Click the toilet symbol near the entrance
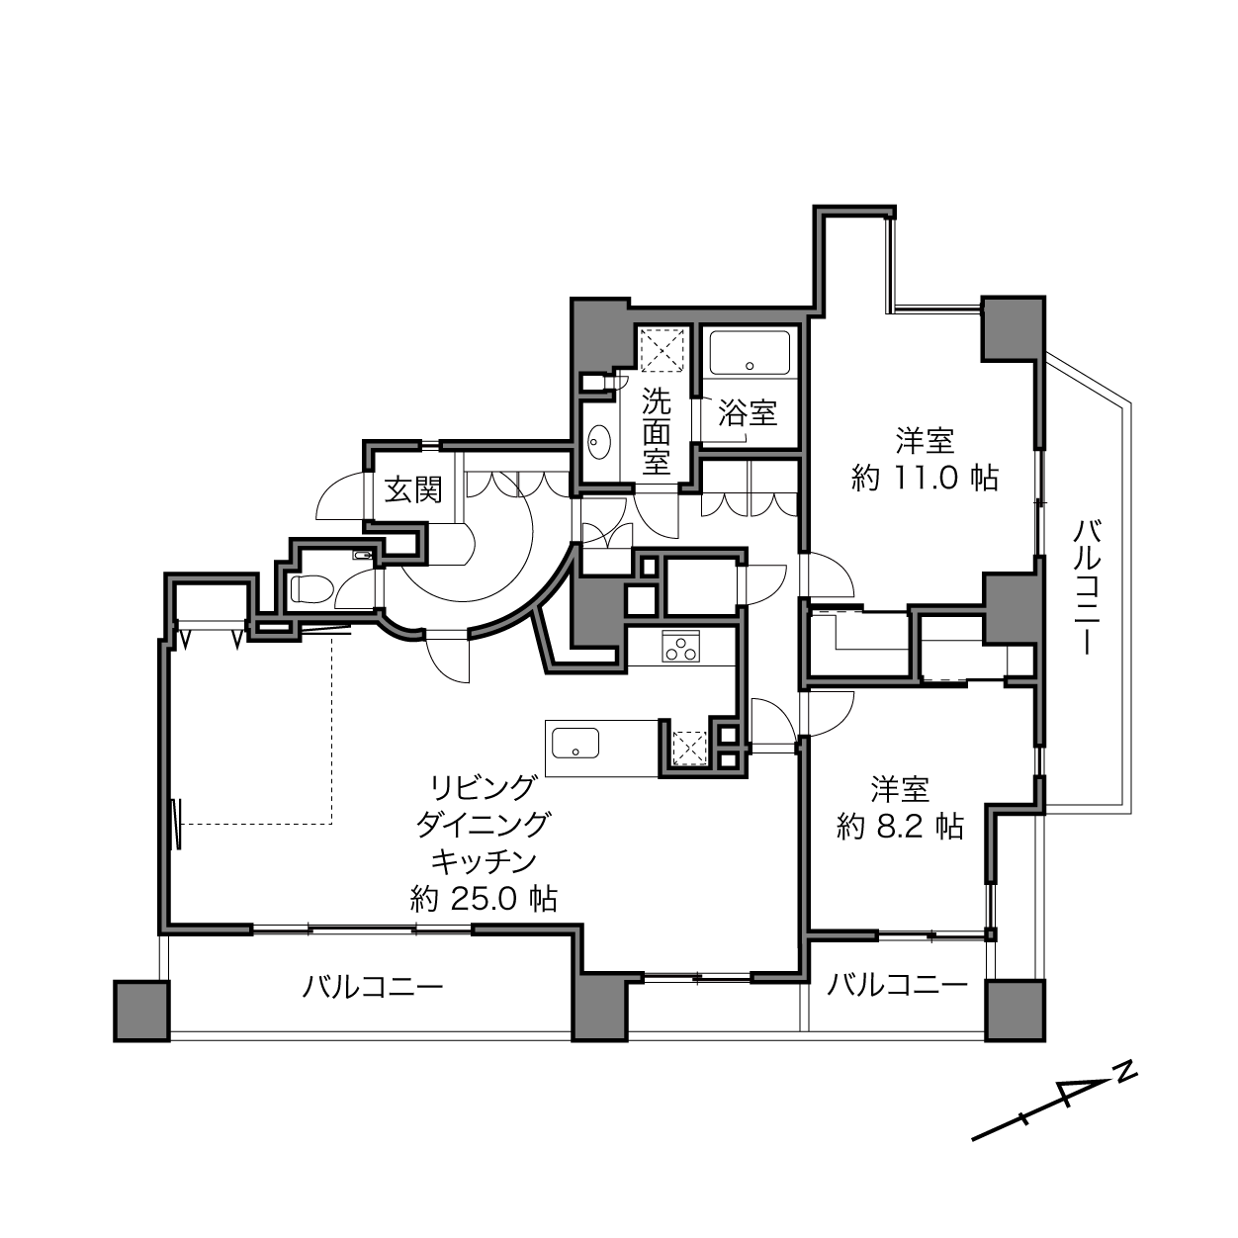pos(310,588)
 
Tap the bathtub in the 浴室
pos(750,352)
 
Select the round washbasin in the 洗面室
pos(600,442)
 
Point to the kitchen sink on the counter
pos(575,744)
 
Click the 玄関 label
pos(413,491)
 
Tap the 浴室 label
pos(748,413)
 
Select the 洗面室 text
pos(657,431)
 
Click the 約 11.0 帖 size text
pos(925,479)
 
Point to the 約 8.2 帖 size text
pos(900,827)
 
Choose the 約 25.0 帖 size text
pos(484,900)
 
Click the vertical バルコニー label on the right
pos(1087,587)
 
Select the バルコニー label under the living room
pos(373,987)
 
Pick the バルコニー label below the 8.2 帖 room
pos(897,984)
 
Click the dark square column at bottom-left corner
pos(142,1011)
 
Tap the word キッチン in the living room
pos(484,861)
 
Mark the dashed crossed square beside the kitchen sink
pos(689,749)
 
